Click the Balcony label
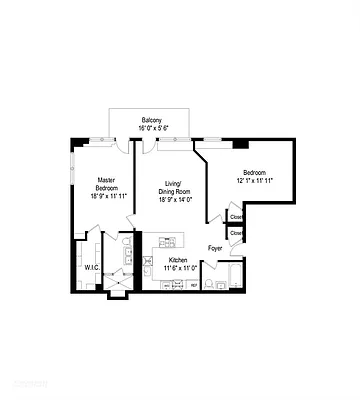[153, 118]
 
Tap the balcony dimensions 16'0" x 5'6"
[153, 127]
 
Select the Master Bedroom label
[107, 184]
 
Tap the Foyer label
[215, 247]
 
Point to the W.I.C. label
[90, 267]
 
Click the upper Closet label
[236, 216]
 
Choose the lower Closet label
[236, 233]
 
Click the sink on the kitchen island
[165, 242]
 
